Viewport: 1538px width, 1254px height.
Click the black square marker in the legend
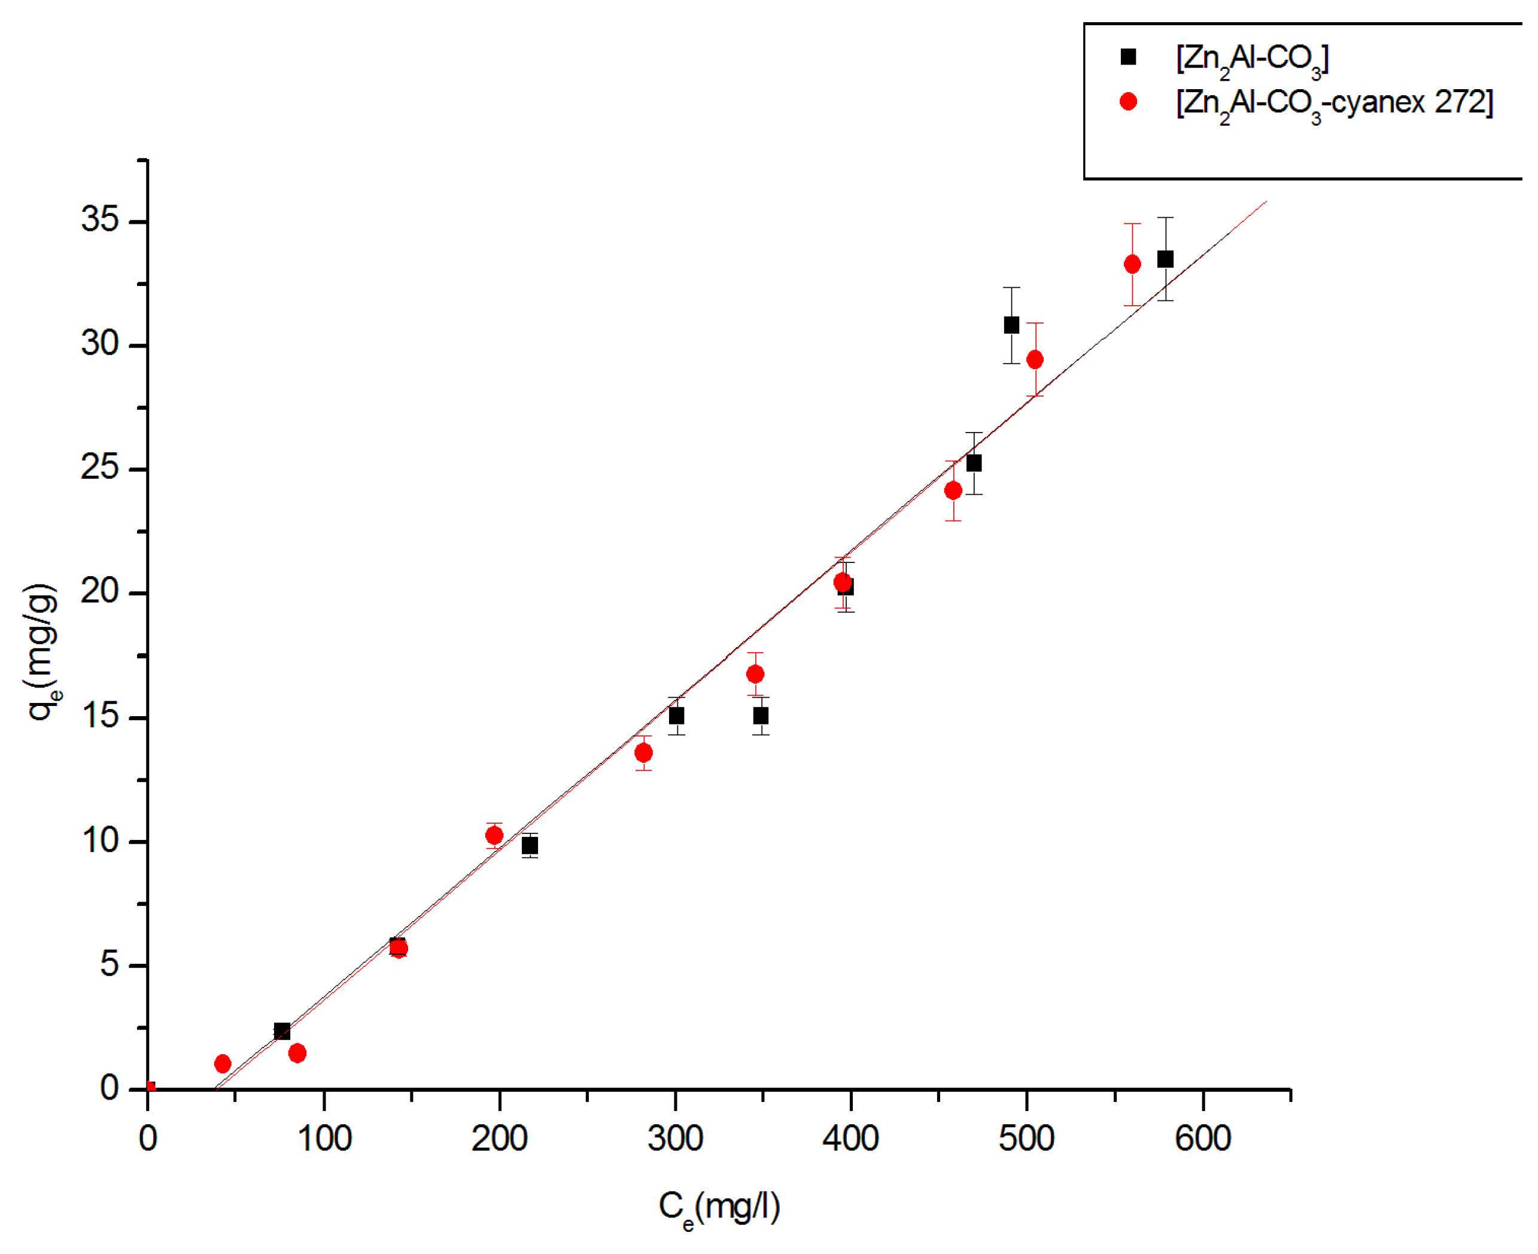pos(1127,56)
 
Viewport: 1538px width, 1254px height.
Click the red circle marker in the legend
pos(1127,102)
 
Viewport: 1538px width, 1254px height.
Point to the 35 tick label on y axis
pos(100,219)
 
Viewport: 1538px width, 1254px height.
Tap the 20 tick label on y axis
pos(100,592)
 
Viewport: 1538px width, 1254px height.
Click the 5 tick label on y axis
pos(110,964)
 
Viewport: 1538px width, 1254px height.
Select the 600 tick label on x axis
pos(1202,1139)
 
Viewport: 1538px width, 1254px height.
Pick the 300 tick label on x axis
pos(674,1139)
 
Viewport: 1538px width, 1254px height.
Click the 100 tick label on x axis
pos(324,1139)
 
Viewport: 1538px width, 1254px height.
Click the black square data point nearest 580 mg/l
pos(1165,258)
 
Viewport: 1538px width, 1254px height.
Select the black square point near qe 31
pos(1011,325)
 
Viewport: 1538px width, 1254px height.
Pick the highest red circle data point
pos(1132,264)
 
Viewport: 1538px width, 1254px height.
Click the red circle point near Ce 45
pos(223,1063)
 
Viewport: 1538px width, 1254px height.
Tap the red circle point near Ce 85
pos(297,1053)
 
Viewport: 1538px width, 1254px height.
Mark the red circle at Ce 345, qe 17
pos(755,674)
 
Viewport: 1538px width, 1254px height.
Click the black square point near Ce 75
pos(282,1031)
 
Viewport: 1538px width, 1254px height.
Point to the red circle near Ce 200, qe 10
pos(494,836)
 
